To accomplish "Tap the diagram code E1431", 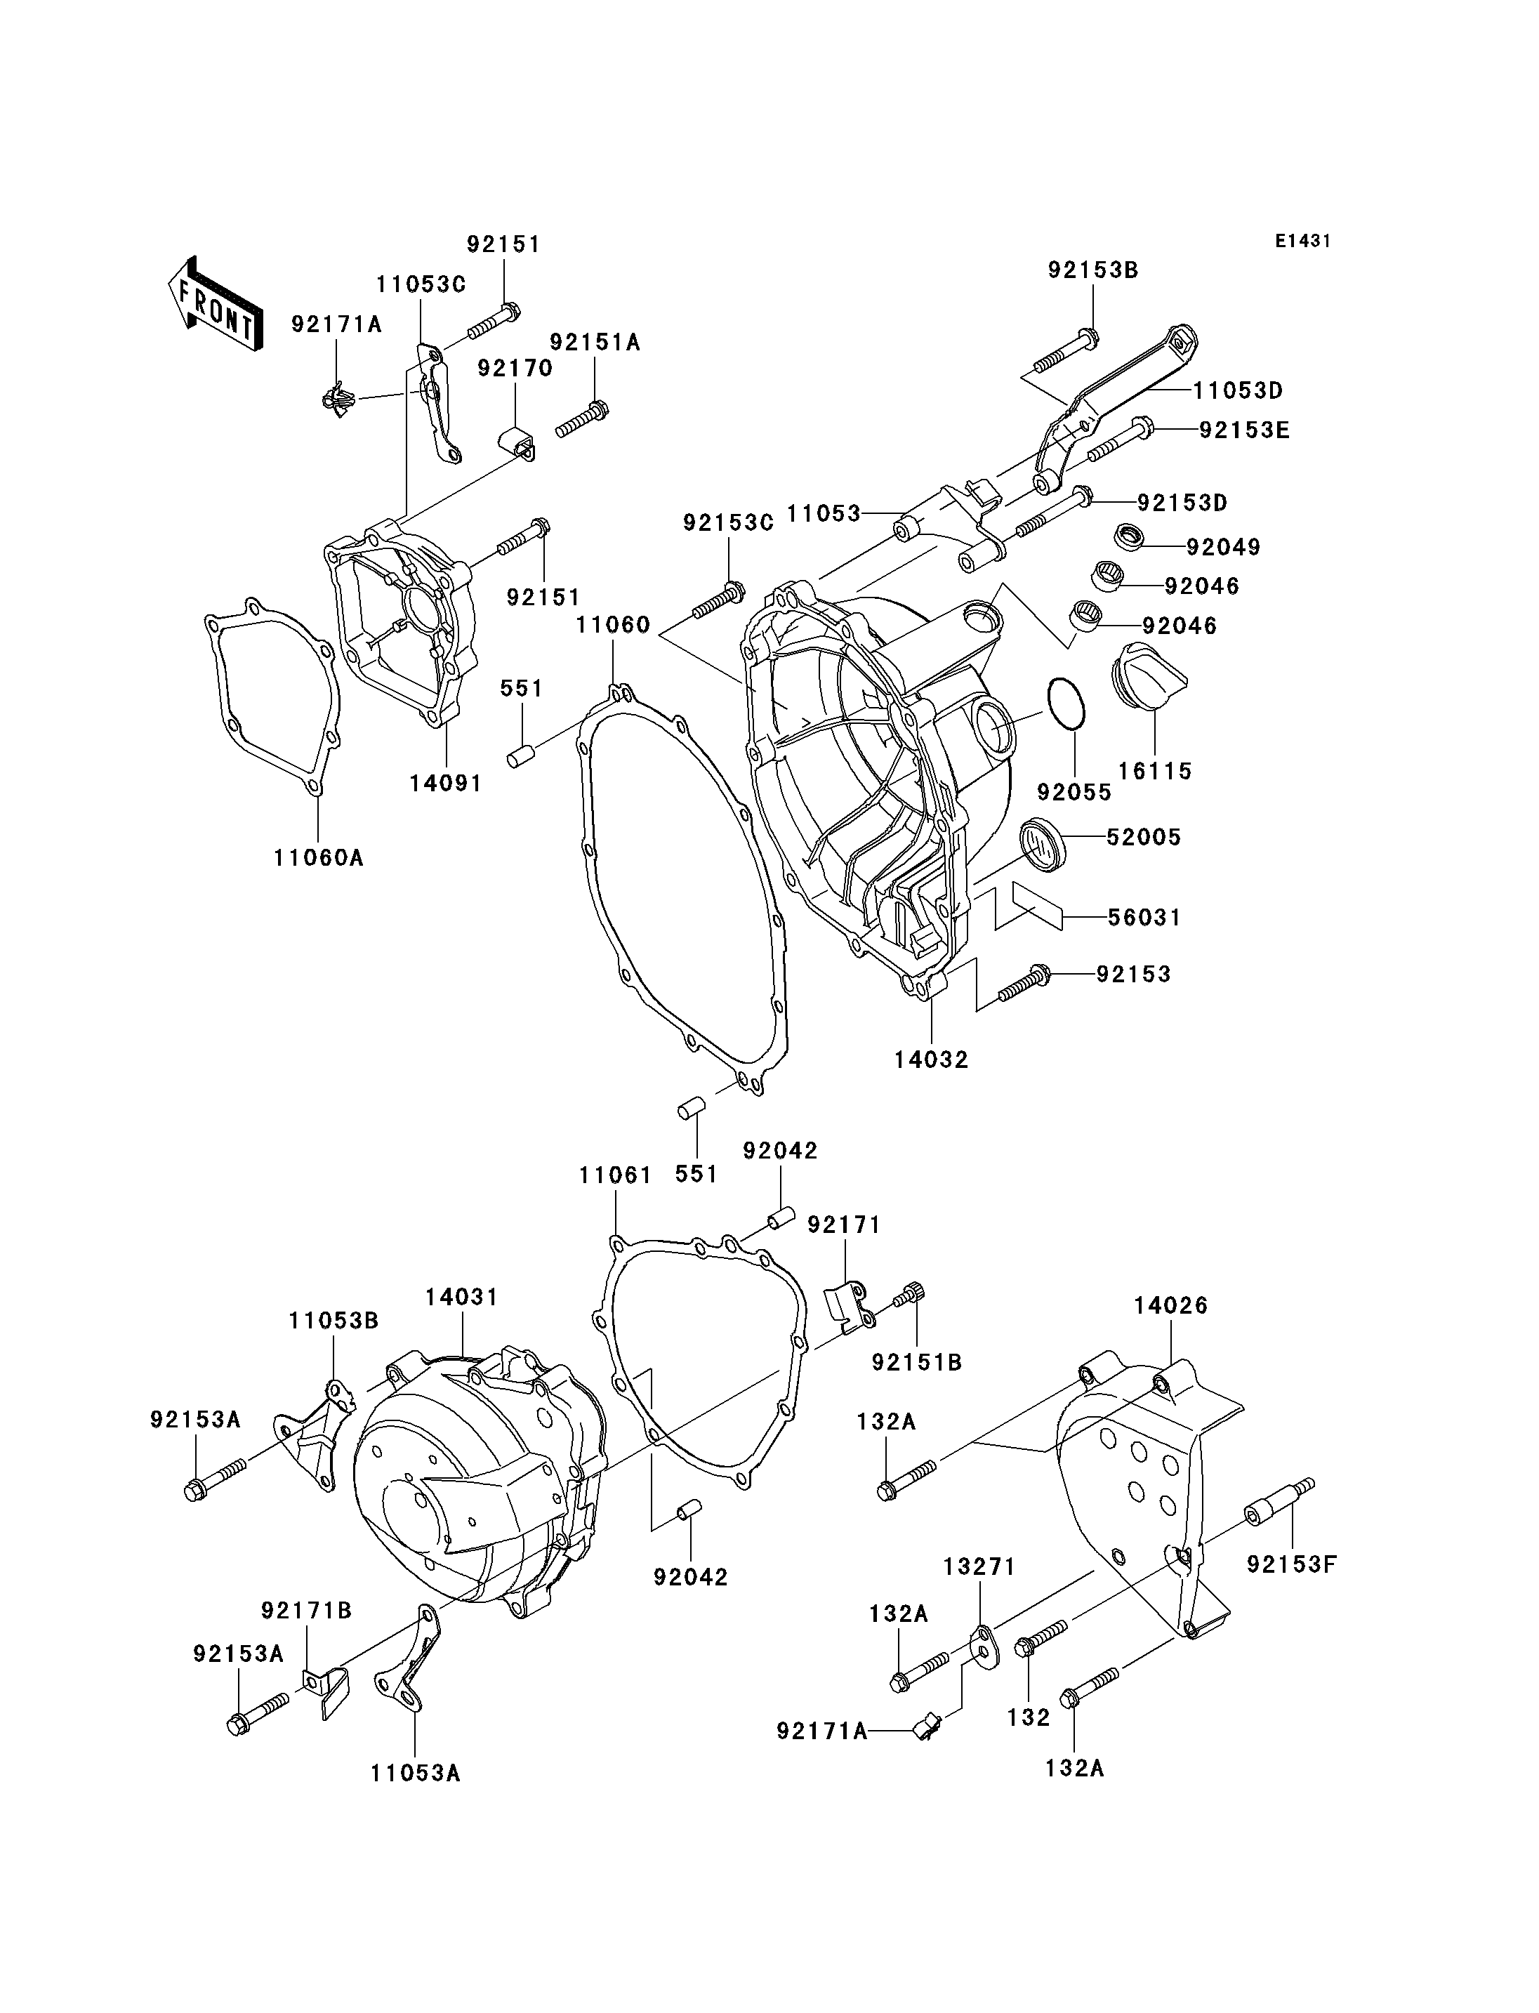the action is pyautogui.click(x=1302, y=241).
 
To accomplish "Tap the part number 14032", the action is pyautogui.click(x=932, y=1060).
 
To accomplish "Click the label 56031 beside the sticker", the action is pyautogui.click(x=1144, y=917).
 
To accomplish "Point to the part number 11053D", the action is pyautogui.click(x=1238, y=390).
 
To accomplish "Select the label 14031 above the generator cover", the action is pyautogui.click(x=462, y=1298).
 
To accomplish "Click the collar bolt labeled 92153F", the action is pyautogui.click(x=1280, y=1505).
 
